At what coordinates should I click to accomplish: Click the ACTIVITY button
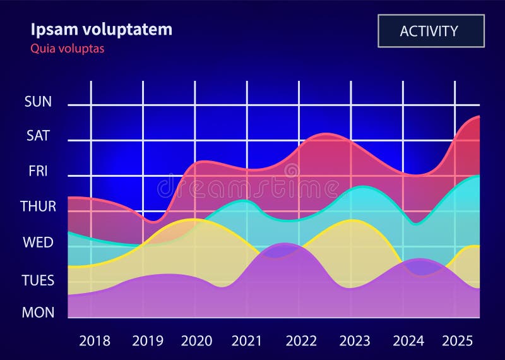tap(431, 31)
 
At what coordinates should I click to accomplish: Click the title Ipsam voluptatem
tap(101, 29)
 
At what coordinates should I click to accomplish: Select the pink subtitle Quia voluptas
tap(67, 49)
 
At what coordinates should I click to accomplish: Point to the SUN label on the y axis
tap(38, 102)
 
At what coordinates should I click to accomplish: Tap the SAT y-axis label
tap(38, 136)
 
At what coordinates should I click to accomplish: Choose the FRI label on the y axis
tap(38, 171)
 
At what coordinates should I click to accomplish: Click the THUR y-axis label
tap(38, 207)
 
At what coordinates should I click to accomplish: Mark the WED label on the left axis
tap(38, 243)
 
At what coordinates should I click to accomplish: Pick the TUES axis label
tap(38, 280)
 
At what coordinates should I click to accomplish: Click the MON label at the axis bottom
tap(38, 312)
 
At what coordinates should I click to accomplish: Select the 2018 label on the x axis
tap(95, 341)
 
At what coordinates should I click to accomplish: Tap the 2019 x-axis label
tap(148, 341)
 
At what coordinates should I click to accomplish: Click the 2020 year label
tap(197, 341)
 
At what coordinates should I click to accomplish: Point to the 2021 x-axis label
tap(247, 341)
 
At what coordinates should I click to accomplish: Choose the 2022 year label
tap(301, 341)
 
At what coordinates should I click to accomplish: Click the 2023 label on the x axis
tap(355, 341)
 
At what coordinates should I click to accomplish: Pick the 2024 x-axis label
tap(408, 341)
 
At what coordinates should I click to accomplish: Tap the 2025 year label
tap(457, 341)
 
